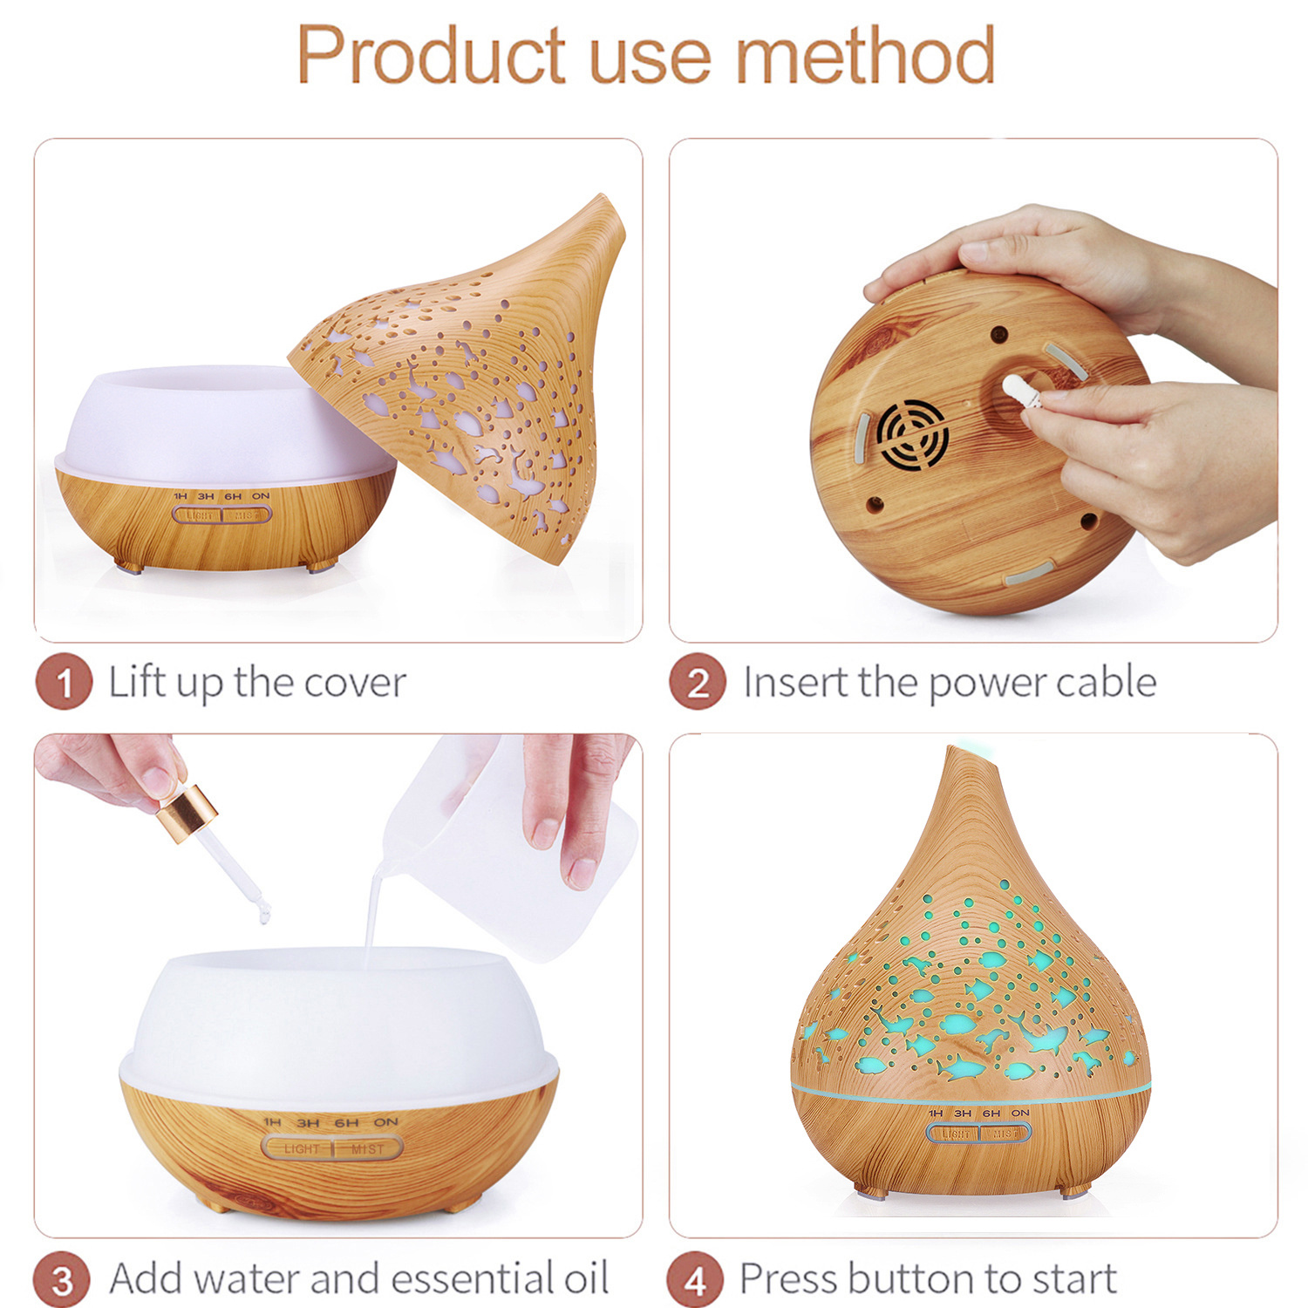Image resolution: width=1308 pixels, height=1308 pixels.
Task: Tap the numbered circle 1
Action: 64,682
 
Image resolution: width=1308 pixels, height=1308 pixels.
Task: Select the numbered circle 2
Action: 698,682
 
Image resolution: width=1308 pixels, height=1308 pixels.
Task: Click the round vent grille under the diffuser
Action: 913,435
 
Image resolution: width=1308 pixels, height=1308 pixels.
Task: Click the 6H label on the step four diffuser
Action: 991,1114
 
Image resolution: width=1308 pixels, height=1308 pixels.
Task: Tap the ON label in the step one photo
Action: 261,496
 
